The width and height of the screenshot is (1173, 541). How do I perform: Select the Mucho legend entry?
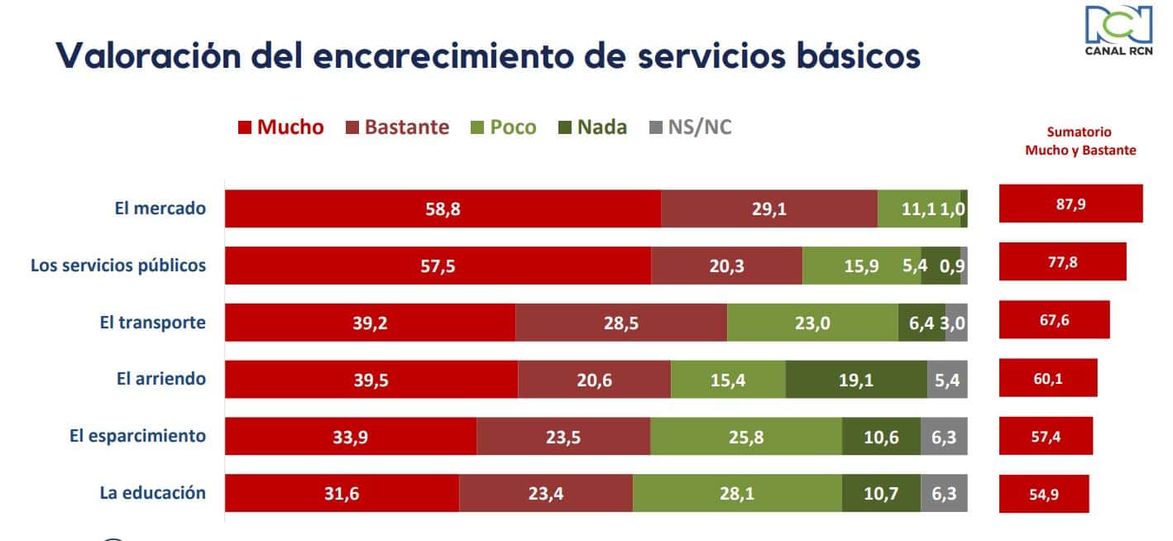click(281, 127)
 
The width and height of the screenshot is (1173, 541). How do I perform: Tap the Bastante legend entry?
click(397, 127)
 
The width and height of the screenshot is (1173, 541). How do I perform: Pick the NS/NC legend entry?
click(691, 127)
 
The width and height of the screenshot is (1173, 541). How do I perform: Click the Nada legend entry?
click(591, 127)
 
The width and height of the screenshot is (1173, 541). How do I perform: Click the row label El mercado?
click(160, 208)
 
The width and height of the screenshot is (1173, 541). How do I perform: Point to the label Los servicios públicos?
click(118, 266)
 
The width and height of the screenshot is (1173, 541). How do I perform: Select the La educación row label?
click(152, 493)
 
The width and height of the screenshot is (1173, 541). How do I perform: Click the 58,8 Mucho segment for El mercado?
click(443, 209)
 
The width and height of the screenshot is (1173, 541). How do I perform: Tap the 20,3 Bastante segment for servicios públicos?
click(726, 266)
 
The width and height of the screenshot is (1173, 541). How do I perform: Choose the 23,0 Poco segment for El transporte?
click(812, 323)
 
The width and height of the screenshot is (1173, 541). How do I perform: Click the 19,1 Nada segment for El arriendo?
click(856, 380)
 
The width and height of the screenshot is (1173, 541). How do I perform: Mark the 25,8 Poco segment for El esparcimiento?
click(746, 436)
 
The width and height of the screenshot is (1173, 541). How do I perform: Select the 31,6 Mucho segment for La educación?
click(342, 493)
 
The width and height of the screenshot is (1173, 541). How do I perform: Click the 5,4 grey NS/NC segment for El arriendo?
click(947, 380)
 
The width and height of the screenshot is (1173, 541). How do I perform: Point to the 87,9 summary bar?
click(1070, 204)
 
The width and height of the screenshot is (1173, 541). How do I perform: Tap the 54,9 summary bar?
click(1044, 494)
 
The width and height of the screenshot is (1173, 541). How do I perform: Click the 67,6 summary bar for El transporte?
click(1054, 320)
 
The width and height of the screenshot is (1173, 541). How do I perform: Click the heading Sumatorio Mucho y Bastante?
click(1080, 141)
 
